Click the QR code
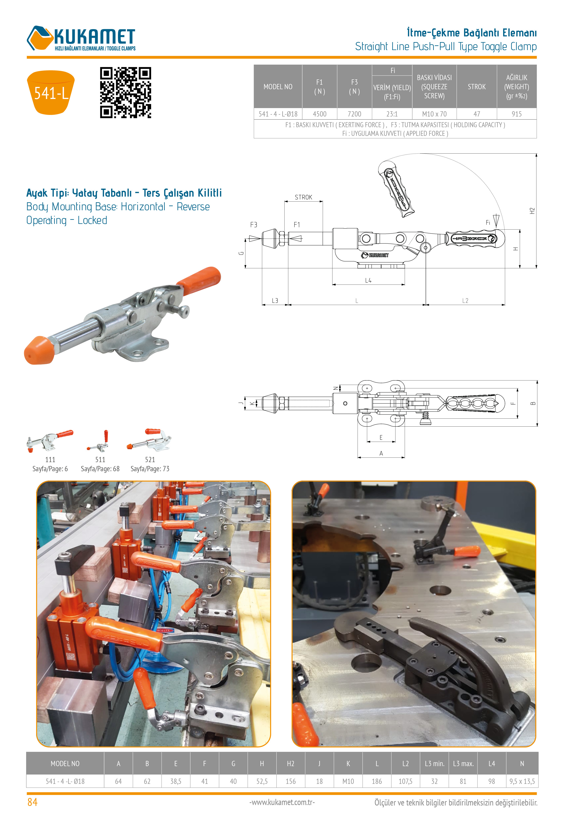tap(125, 93)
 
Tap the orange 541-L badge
tap(51, 93)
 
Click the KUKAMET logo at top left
tap(81, 38)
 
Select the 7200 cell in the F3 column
tap(354, 114)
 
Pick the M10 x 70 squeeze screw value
tap(434, 114)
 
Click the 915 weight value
tap(517, 114)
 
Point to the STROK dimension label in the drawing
tap(303, 197)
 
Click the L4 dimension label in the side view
tap(368, 281)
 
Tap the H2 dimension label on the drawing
tap(532, 211)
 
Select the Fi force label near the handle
tap(488, 223)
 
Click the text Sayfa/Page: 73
tap(150, 469)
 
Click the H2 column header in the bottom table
tap(291, 764)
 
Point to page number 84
tap(32, 802)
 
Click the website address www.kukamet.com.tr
tap(282, 802)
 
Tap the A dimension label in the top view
tap(381, 453)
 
